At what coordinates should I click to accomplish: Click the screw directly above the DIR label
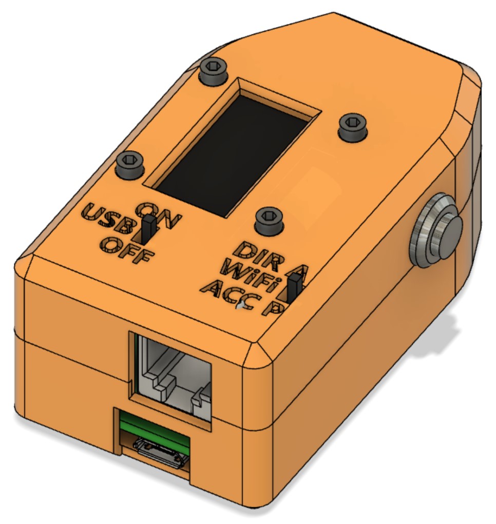pos(270,221)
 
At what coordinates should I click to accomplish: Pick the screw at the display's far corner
pos(214,70)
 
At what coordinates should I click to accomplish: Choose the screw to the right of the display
pos(353,126)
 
